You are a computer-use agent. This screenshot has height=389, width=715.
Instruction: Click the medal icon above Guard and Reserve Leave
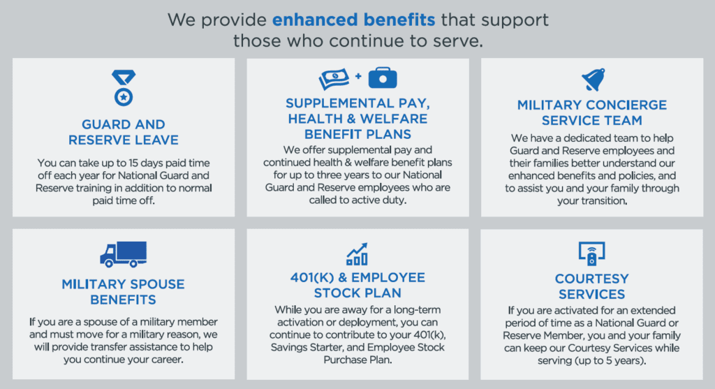point(124,88)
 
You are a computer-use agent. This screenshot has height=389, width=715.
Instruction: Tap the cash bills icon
point(334,78)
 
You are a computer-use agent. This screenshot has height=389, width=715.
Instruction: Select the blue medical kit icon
point(383,78)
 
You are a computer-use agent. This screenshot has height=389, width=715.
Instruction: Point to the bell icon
point(594,80)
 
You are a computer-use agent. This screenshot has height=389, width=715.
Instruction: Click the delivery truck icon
point(124,254)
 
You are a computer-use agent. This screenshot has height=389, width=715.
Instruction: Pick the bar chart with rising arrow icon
point(357,254)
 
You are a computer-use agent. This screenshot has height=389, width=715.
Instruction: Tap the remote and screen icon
point(591,254)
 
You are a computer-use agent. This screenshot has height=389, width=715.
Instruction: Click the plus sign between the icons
point(358,76)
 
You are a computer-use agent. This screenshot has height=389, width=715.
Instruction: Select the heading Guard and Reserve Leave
point(124,132)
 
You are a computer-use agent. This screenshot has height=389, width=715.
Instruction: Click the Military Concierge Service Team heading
point(592,112)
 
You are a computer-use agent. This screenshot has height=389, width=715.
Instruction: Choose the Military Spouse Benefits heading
point(124,292)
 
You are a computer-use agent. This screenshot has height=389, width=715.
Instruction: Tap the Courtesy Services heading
point(592,286)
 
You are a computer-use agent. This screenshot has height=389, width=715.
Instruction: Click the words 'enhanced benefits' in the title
point(354,20)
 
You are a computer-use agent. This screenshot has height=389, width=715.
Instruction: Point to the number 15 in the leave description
point(133,163)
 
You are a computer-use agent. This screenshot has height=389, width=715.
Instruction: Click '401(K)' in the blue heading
point(312,278)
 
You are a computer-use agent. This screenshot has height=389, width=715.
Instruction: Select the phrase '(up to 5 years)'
point(613,361)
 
